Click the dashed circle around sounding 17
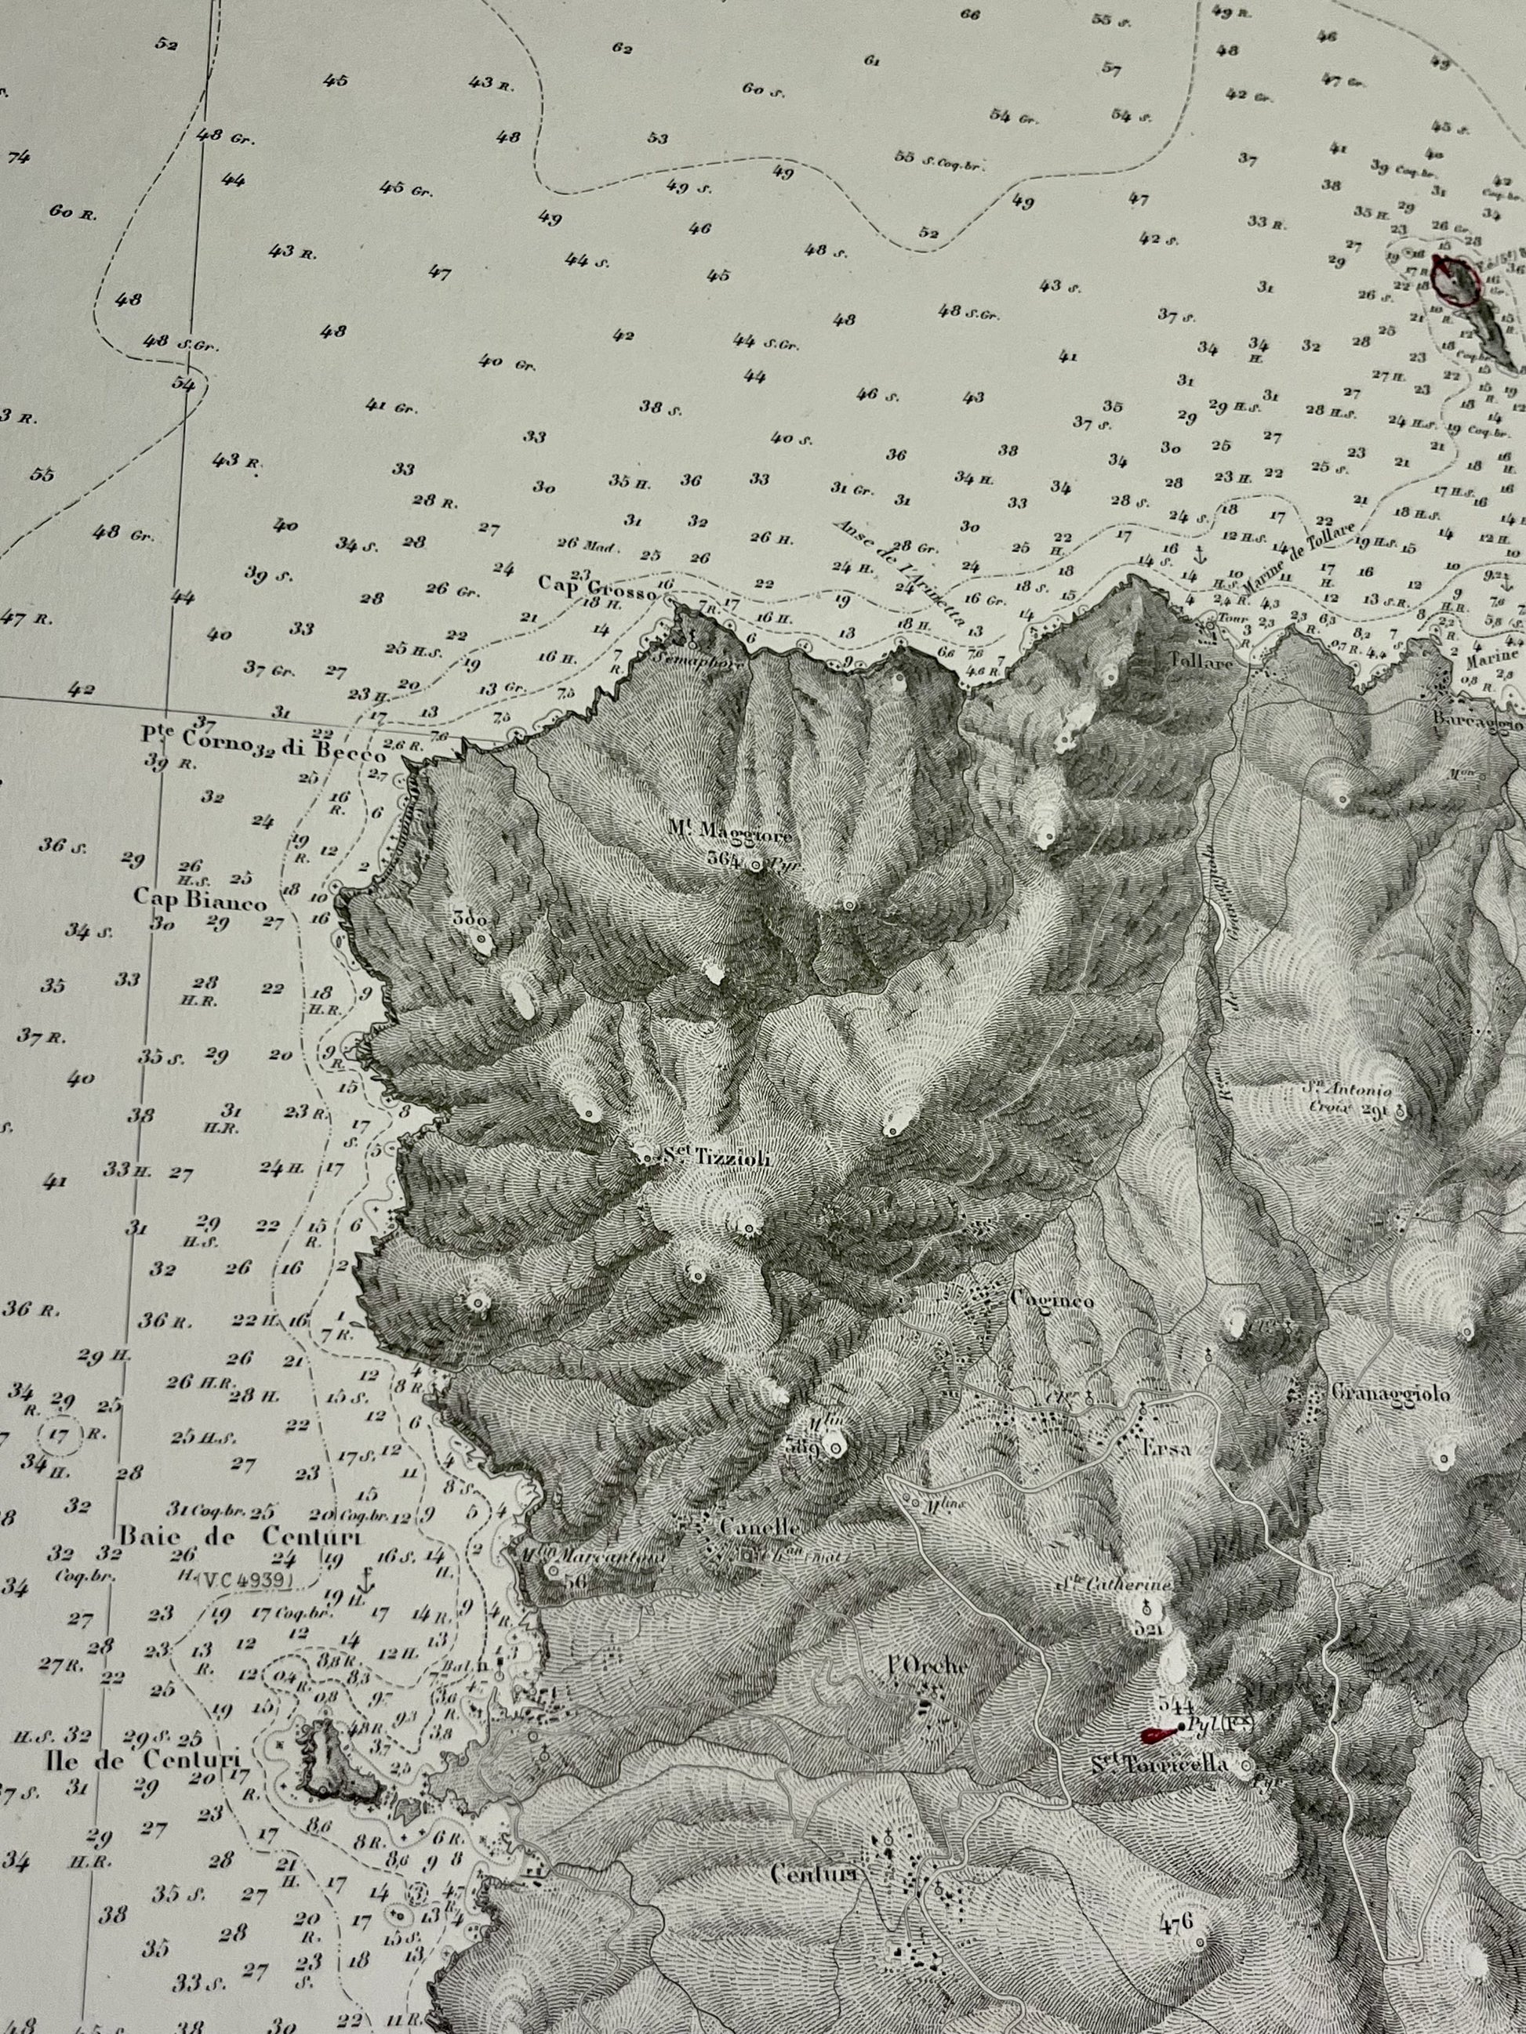click(60, 1434)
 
